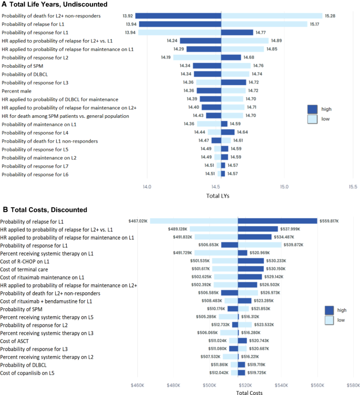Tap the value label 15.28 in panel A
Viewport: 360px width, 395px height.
330,16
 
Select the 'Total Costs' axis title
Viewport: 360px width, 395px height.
250,391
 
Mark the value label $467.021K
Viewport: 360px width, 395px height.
139,221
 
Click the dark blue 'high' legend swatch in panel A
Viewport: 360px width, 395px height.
314,109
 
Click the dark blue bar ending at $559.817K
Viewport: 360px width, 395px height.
277,221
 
